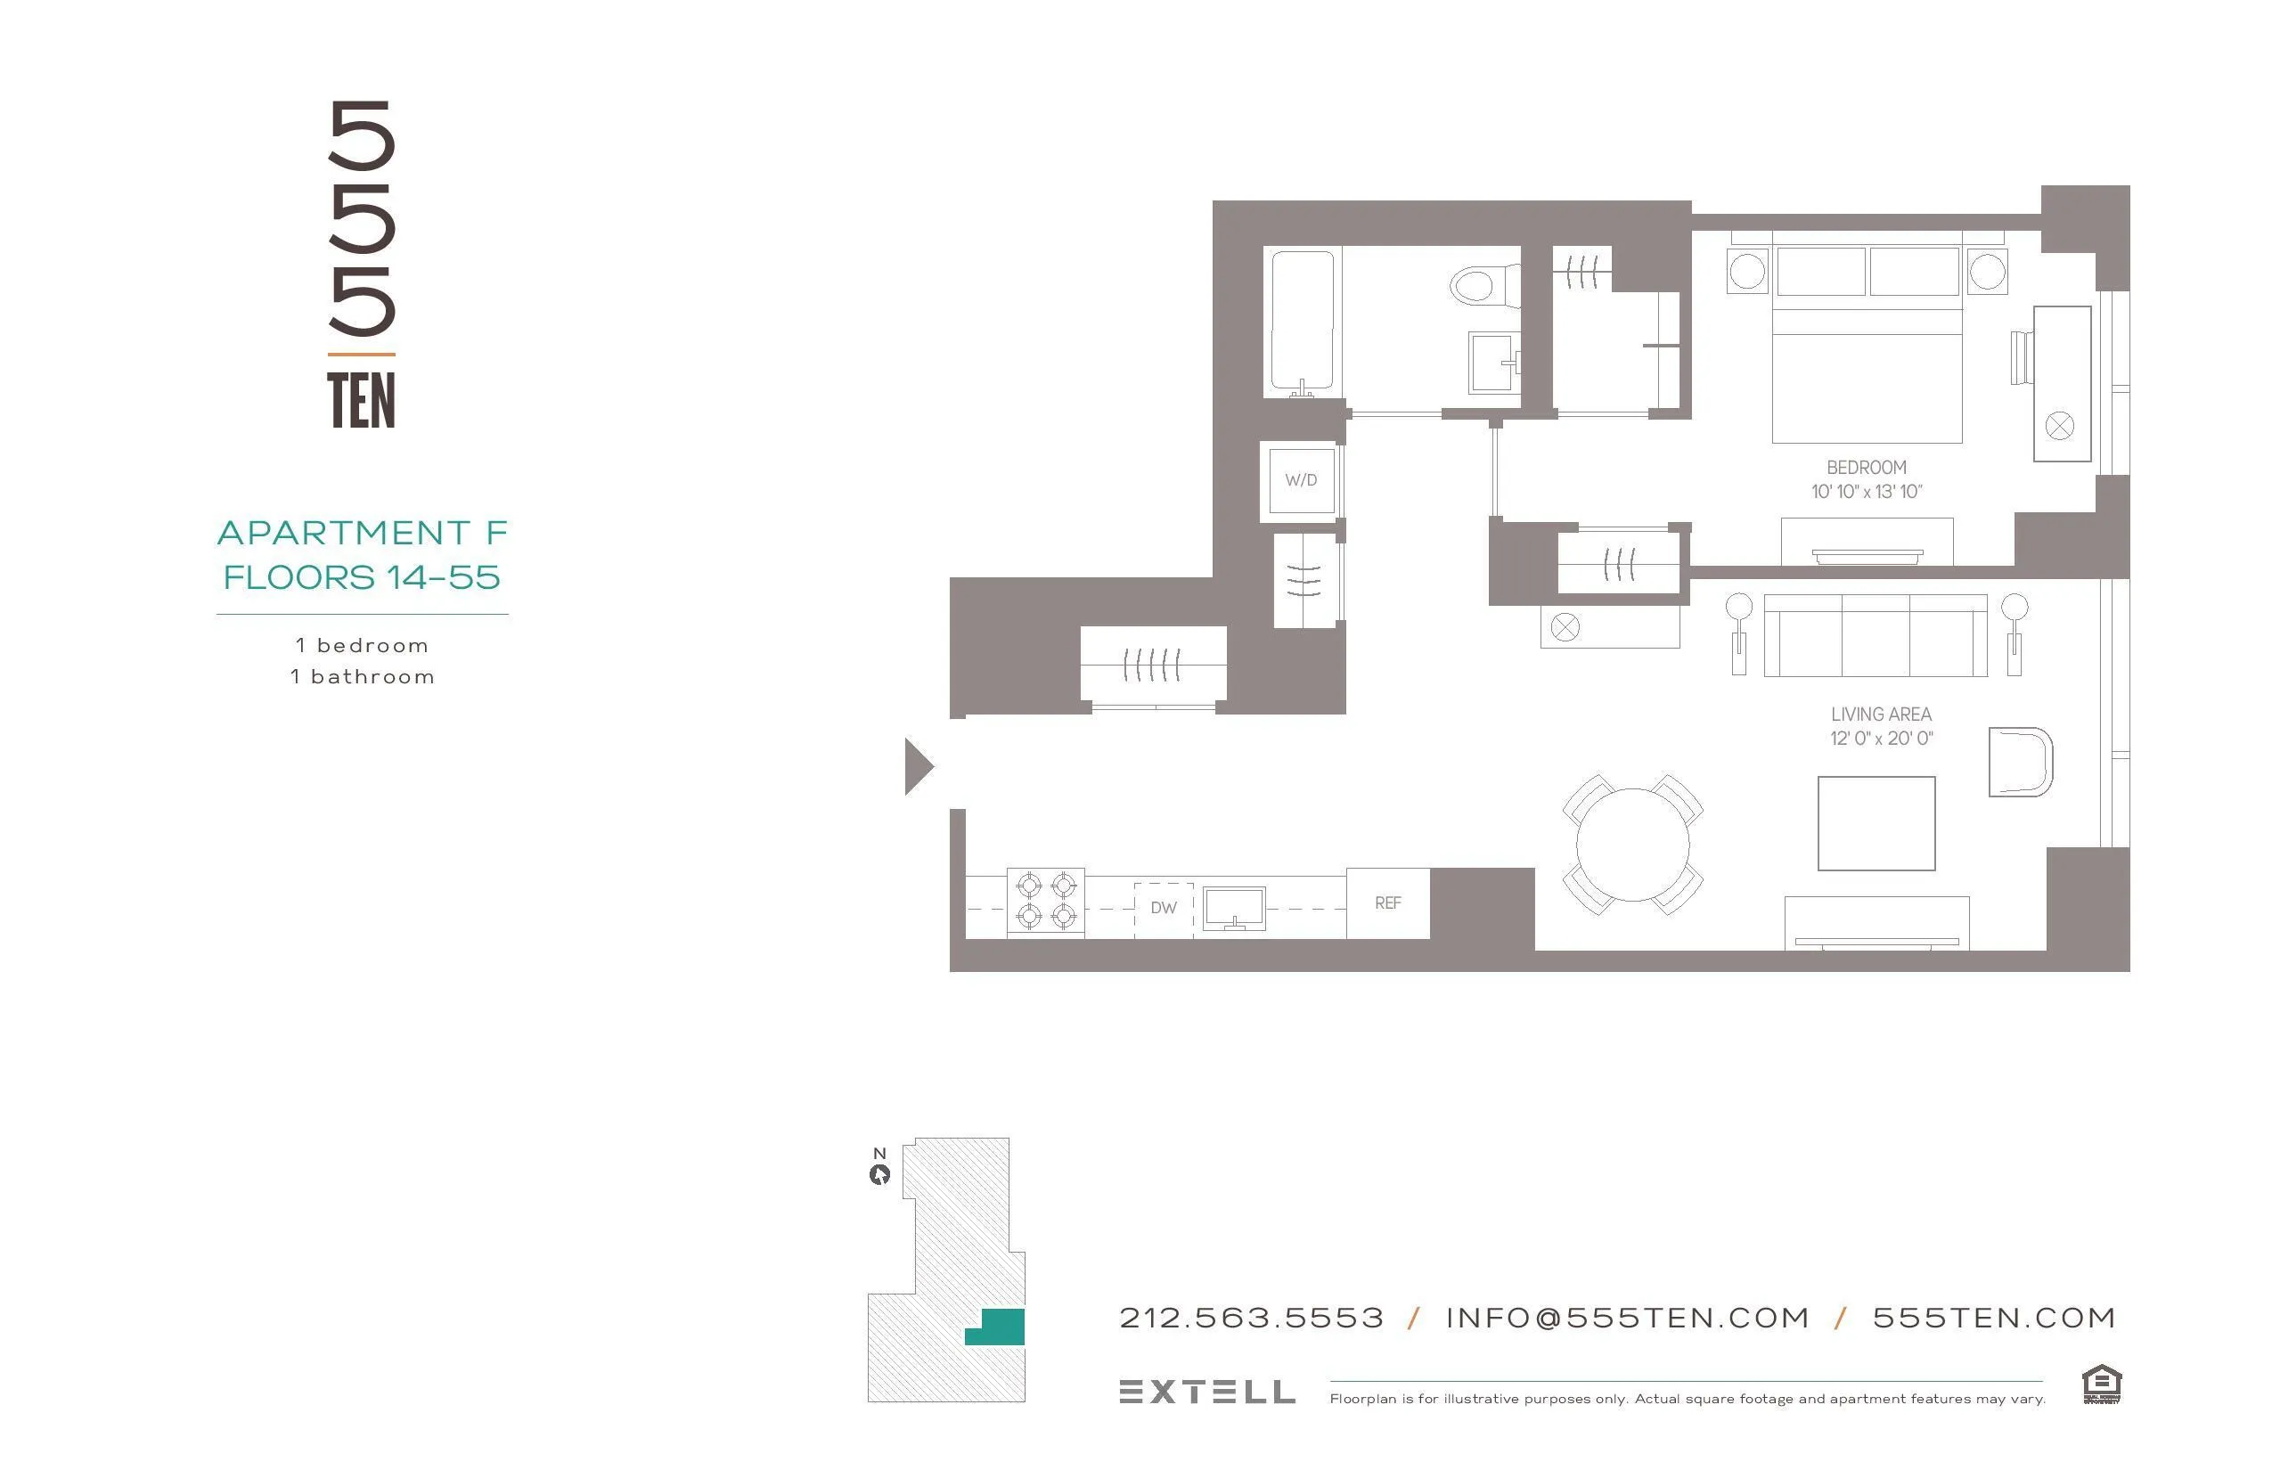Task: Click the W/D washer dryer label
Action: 1300,480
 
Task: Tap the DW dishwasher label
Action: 1163,908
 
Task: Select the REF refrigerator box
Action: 1388,903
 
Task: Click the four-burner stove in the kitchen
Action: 1045,902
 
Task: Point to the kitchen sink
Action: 1233,908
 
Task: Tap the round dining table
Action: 1632,845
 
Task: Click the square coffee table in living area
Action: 1876,824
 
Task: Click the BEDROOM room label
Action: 1867,468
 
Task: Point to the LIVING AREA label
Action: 1881,714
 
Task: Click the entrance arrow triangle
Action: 918,765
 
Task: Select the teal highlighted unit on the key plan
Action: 999,1327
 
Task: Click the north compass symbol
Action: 879,1174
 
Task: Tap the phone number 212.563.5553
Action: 1252,1319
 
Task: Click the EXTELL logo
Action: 1206,1392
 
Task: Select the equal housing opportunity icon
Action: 2101,1385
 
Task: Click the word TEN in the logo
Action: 361,401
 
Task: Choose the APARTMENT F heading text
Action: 362,533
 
